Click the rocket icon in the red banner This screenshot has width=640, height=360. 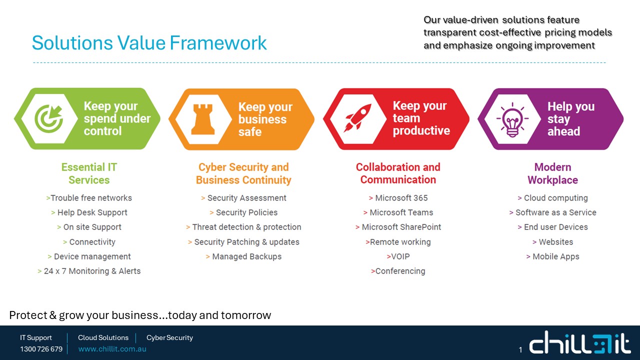[x=357, y=118]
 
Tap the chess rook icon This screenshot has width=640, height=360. [x=203, y=119]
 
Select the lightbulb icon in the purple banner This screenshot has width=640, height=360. [x=512, y=119]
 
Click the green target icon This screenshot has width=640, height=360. [x=49, y=118]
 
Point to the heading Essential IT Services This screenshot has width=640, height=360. [x=89, y=173]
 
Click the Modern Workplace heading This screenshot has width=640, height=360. [x=552, y=173]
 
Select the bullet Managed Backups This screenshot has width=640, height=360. [x=243, y=256]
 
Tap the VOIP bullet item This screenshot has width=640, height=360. [x=398, y=256]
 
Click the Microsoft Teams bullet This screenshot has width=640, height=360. [x=398, y=212]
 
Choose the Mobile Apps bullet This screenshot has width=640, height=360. [x=552, y=256]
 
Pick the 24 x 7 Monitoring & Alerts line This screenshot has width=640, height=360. [x=89, y=271]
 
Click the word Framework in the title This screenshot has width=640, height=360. [x=218, y=43]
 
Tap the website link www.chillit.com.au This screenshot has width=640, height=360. [x=112, y=349]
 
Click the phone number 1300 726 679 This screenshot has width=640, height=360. [x=41, y=349]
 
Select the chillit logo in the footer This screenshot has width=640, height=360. [x=580, y=342]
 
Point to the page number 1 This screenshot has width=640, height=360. [x=520, y=349]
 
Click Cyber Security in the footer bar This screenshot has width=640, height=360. [x=169, y=337]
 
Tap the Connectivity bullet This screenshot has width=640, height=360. [x=89, y=242]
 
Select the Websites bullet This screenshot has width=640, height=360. [x=552, y=242]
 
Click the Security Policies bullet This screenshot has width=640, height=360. [x=243, y=212]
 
